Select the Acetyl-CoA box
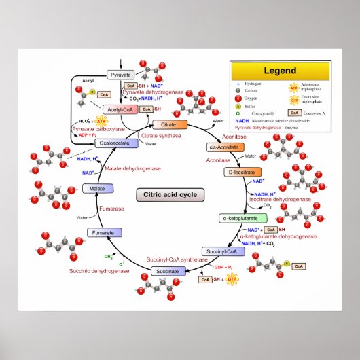pyautogui.click(x=121, y=109)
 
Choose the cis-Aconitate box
pyautogui.click(x=221, y=147)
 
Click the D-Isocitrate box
pyautogui.click(x=242, y=172)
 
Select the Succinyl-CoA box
pyautogui.click(x=221, y=251)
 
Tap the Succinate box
pyautogui.click(x=167, y=271)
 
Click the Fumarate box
pyautogui.click(x=104, y=234)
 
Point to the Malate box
pyautogui.click(x=96, y=187)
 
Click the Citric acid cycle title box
pyautogui.click(x=170, y=194)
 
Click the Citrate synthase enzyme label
pyautogui.click(x=162, y=136)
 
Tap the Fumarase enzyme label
pyautogui.click(x=111, y=209)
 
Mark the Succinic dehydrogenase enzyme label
pyautogui.click(x=99, y=271)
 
